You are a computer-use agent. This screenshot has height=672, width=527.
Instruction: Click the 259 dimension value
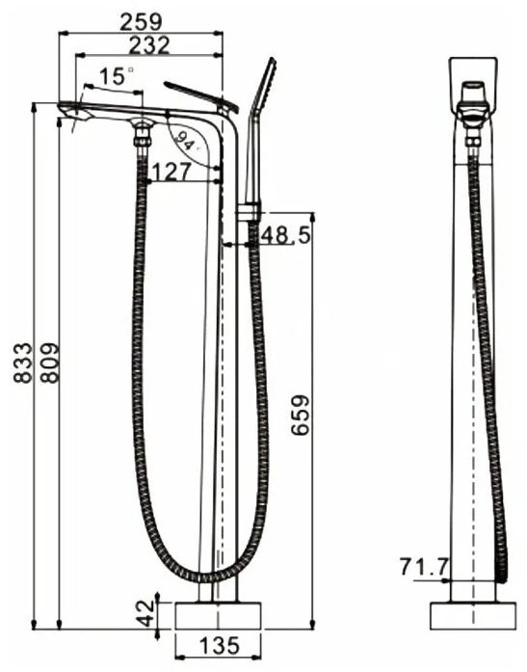(141, 22)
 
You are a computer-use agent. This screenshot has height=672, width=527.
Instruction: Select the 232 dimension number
(149, 45)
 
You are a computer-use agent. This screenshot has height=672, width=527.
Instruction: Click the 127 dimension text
(171, 172)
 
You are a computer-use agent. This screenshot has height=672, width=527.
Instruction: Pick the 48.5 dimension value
(285, 234)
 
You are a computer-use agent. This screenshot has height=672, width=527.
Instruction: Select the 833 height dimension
(23, 363)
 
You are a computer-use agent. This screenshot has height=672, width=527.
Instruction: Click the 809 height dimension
(50, 363)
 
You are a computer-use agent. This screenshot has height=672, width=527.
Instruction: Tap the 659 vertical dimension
(300, 415)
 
